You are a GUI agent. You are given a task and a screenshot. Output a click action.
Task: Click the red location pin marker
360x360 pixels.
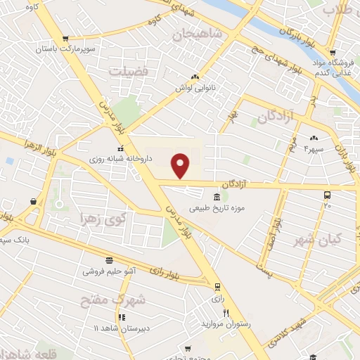tap(181, 165)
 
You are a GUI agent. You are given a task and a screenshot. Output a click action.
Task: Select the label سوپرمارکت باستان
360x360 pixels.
tap(67, 51)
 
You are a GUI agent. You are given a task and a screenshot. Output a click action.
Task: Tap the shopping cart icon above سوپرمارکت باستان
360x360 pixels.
tap(66, 39)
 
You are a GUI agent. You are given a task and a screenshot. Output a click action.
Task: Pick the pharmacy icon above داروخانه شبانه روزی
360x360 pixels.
tap(121, 148)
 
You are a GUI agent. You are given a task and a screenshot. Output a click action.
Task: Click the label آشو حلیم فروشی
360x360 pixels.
tap(109, 270)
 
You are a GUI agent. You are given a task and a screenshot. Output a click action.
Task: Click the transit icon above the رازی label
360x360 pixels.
tap(217, 286)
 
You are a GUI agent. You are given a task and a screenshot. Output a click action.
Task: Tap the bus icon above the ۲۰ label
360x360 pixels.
tap(327, 195)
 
